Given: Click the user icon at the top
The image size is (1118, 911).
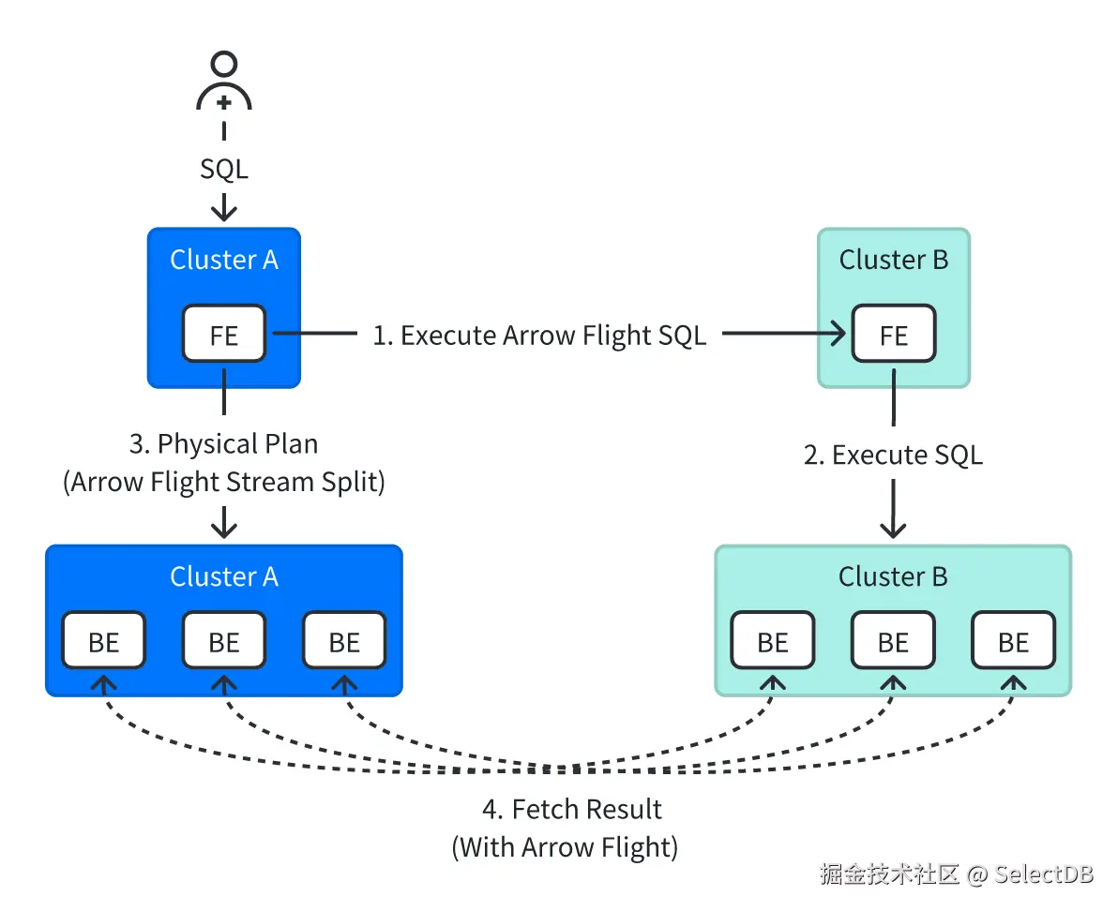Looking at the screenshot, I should pyautogui.click(x=224, y=84).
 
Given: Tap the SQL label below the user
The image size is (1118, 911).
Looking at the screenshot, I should pyautogui.click(x=224, y=169).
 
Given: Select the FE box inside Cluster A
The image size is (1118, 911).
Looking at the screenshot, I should pyautogui.click(x=224, y=334).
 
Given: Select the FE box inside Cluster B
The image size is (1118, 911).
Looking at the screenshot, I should pyautogui.click(x=893, y=334).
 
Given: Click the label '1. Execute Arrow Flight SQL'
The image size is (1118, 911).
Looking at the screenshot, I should pyautogui.click(x=539, y=336).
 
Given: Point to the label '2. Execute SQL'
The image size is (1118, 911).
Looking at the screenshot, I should pyautogui.click(x=893, y=455).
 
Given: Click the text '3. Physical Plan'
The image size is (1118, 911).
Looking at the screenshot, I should pyautogui.click(x=224, y=443).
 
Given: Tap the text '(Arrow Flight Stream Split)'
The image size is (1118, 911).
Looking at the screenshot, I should pyautogui.click(x=224, y=482).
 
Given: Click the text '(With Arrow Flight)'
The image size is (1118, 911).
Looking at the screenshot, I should pyautogui.click(x=565, y=847).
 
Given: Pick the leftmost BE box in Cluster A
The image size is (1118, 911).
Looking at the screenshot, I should pyautogui.click(x=104, y=641).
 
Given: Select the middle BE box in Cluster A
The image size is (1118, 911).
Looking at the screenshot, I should pyautogui.click(x=224, y=641).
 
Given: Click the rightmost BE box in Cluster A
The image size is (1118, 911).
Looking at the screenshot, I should pyautogui.click(x=344, y=641).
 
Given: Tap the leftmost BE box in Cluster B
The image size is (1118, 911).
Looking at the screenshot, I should pyautogui.click(x=773, y=641).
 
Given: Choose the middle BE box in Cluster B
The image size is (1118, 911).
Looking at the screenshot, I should pyautogui.click(x=893, y=641).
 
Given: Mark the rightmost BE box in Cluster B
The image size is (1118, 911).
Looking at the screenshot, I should pyautogui.click(x=1013, y=641).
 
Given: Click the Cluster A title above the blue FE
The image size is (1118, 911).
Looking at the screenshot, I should pyautogui.click(x=224, y=260).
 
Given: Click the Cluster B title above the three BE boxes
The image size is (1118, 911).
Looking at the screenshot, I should pyautogui.click(x=893, y=576).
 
